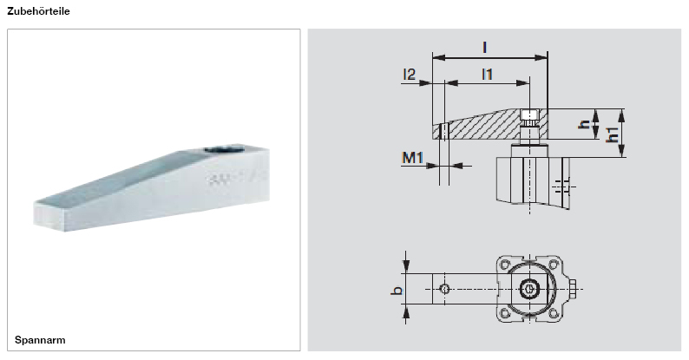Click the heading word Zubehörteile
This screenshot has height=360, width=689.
pyautogui.click(x=38, y=13)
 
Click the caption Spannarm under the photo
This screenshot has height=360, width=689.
pyautogui.click(x=40, y=339)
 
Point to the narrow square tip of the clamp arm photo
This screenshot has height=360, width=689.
pyautogui.click(x=48, y=213)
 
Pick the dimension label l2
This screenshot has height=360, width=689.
pyautogui.click(x=410, y=75)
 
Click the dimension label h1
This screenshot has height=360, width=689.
pyautogui.click(x=613, y=134)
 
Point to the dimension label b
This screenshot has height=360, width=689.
pyautogui.click(x=397, y=290)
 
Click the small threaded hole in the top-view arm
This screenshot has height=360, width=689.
pyautogui.click(x=443, y=288)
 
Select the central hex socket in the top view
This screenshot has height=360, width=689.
pyautogui.click(x=528, y=288)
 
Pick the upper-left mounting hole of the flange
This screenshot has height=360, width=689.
pyautogui.click(x=506, y=264)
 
